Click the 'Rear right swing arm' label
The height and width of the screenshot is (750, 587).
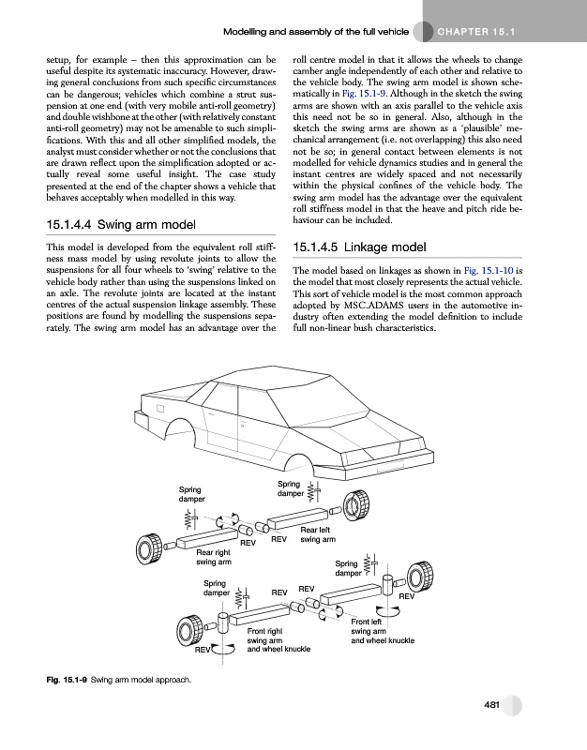pos(214,557)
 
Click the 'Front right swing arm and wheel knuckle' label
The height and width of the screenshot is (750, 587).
pos(278,639)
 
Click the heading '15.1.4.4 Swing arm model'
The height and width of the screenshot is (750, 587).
pos(122,225)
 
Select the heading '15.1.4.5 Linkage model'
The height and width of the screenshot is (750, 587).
pos(360,247)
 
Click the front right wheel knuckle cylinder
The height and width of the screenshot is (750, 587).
pos(223,622)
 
